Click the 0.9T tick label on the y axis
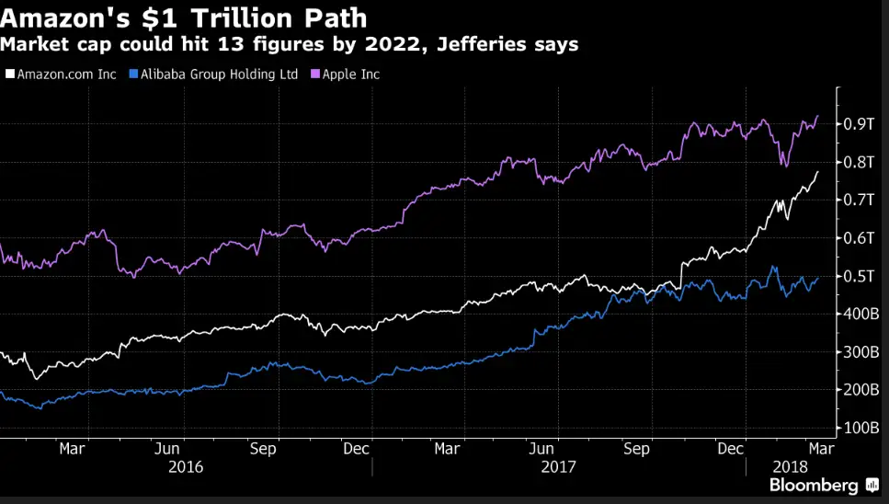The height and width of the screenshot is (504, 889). [x=860, y=124]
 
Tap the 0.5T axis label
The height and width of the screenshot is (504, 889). [x=860, y=276]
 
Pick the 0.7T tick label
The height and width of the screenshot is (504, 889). [x=860, y=200]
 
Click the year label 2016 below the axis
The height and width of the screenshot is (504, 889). [x=186, y=466]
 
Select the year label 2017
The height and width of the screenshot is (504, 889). [x=558, y=466]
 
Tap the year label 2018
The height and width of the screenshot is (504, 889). [x=790, y=466]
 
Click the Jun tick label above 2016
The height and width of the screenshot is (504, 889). [x=166, y=449]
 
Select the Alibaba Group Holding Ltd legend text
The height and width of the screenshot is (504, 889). [x=218, y=74]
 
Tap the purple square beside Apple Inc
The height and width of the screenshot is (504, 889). [x=314, y=74]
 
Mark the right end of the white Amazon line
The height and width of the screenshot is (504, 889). [x=817, y=172]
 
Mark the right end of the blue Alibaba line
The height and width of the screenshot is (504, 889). [x=817, y=278]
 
